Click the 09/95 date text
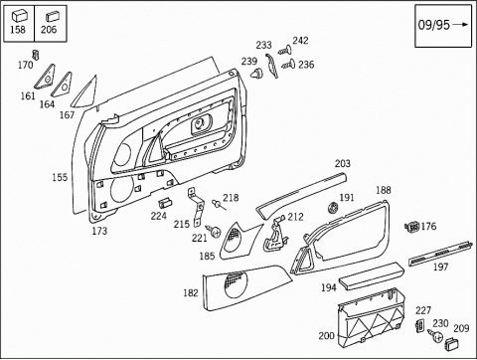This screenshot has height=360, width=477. pos(433,25)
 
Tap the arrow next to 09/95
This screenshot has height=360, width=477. pos(461,24)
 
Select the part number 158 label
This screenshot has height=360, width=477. pos(18,30)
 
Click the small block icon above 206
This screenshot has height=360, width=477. pos(53,17)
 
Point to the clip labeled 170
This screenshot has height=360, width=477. pos(36,55)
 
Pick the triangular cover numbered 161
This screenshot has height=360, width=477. pos(45,77)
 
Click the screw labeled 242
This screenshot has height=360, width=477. pos(285,51)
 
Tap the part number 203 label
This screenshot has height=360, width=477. pos(343,163)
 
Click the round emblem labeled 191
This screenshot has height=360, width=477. pos(333,208)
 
